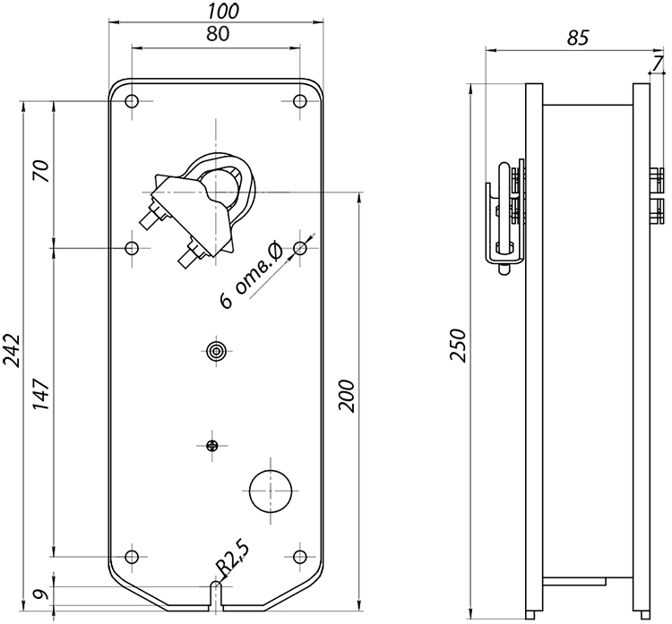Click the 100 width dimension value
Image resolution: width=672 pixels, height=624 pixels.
(x=223, y=12)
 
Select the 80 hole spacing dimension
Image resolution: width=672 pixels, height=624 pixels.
(x=218, y=34)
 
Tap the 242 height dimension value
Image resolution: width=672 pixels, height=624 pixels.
(x=12, y=350)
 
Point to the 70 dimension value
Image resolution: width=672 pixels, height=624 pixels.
(x=41, y=170)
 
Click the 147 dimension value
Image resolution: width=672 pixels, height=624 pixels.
(x=41, y=394)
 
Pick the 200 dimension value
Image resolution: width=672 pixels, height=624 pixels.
(x=347, y=396)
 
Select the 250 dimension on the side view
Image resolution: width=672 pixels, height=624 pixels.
(x=458, y=346)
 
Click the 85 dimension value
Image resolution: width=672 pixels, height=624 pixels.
(x=578, y=38)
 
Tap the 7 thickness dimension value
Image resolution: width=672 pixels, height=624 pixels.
(x=658, y=64)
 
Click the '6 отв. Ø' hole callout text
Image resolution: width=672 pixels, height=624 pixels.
(x=251, y=275)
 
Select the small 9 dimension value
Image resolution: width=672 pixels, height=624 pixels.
(x=39, y=594)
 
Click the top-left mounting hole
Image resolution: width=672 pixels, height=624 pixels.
(x=132, y=101)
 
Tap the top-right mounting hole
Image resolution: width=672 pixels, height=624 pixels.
(x=300, y=101)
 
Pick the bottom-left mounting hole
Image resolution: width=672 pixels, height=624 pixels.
(x=132, y=557)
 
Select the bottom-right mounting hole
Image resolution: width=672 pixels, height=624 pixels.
(x=300, y=557)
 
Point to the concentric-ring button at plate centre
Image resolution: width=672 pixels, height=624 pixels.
(x=217, y=351)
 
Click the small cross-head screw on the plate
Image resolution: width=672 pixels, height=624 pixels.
(x=212, y=446)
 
